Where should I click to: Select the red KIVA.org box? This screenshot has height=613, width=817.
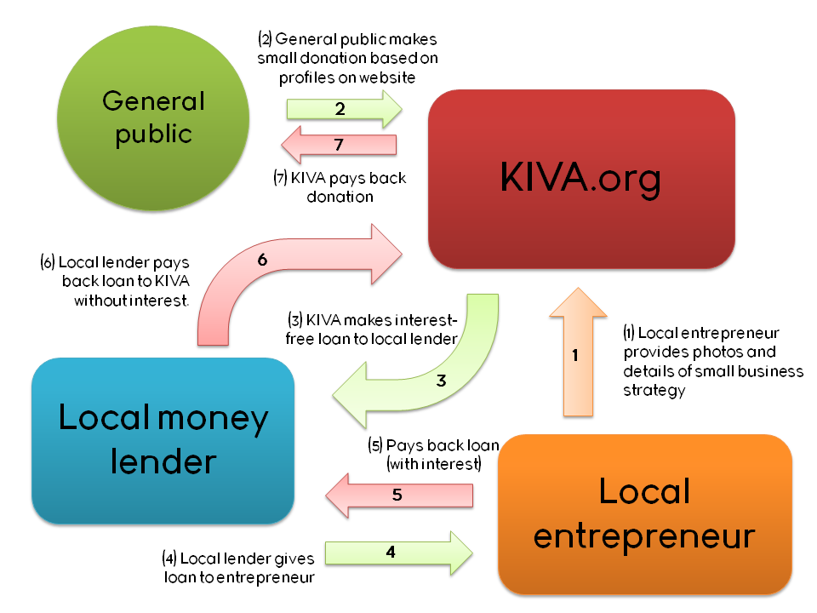pos(581,179)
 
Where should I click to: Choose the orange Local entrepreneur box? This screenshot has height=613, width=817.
pos(644,513)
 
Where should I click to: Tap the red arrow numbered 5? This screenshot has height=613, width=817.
pos(397,495)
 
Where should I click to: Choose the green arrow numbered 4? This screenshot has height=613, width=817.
pos(392,552)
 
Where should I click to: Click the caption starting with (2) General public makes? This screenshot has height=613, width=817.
pos(348,58)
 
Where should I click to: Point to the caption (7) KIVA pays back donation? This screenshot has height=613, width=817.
pos(340,187)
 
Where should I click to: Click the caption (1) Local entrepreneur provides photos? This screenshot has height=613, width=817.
pos(713,362)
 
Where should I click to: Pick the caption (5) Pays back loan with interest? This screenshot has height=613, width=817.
pos(433,455)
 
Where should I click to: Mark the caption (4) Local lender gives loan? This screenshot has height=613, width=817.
pos(238,568)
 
